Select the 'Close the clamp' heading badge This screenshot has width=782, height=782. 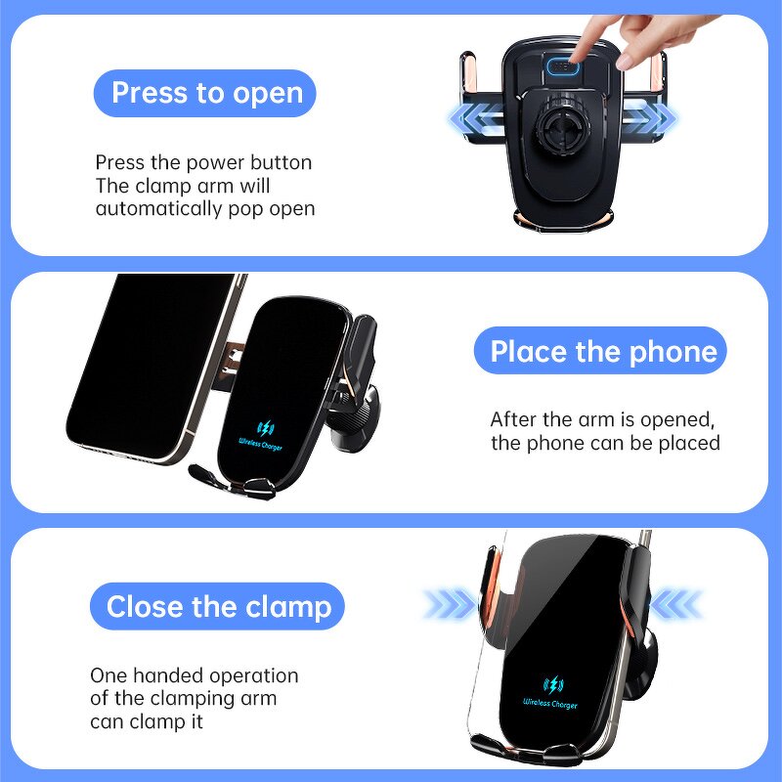coord(218,607)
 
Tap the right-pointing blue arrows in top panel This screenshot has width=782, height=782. coord(650,119)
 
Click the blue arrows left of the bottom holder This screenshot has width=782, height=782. coord(450,604)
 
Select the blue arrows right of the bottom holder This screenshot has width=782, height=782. coord(674,604)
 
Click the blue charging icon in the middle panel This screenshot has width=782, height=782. coord(265,428)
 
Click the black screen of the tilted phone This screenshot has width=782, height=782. coord(147,362)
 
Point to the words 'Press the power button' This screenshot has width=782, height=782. coord(203,162)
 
